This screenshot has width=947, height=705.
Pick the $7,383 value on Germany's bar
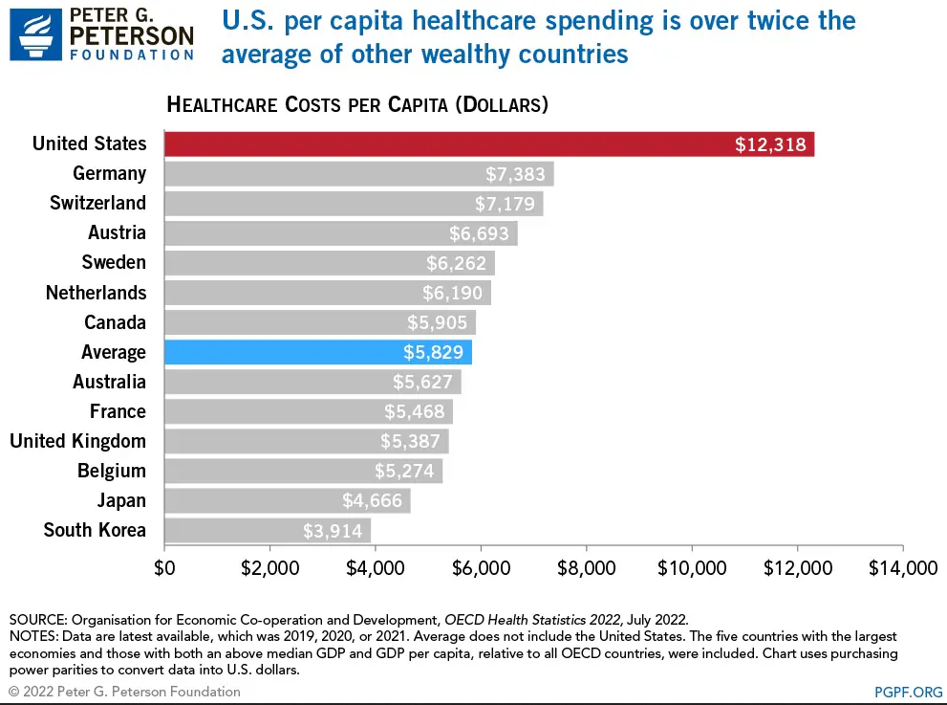point(515,174)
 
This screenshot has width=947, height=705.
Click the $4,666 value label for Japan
point(372,500)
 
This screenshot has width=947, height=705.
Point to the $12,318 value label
point(770,144)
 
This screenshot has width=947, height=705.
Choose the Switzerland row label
point(97,203)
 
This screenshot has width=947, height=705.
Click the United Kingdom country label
point(77,441)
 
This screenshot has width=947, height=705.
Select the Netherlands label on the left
point(96,293)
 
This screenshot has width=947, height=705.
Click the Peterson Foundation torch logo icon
point(30,33)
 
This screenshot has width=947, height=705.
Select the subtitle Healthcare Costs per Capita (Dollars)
point(356,104)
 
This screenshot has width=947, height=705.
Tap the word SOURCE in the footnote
point(35,619)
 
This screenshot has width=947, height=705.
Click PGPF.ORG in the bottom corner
point(907,691)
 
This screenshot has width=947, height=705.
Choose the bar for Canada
point(320,322)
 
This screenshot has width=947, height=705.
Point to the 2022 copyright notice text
point(124,691)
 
